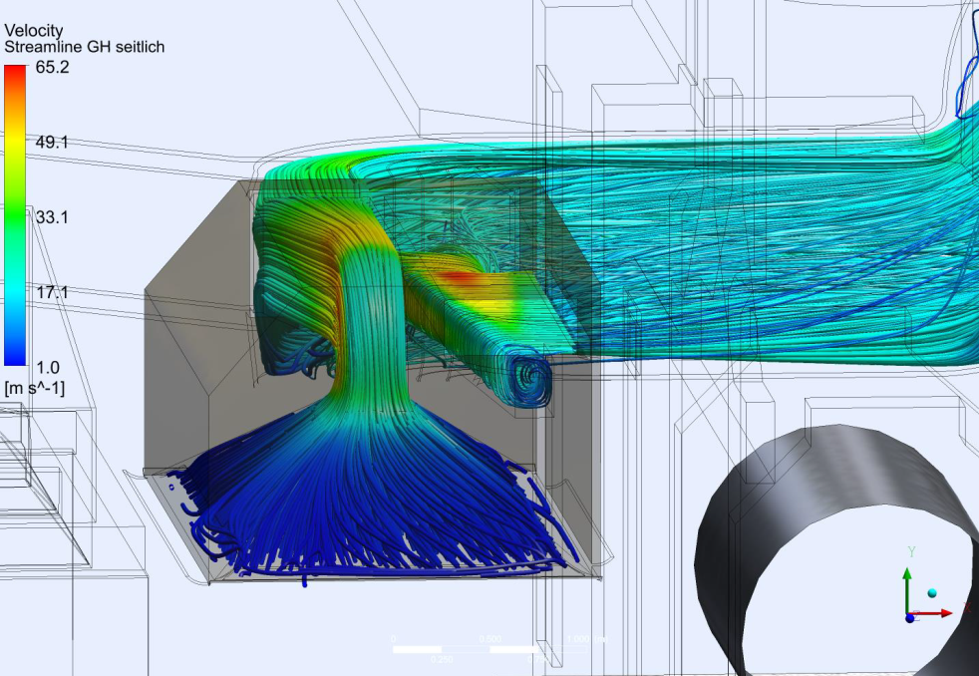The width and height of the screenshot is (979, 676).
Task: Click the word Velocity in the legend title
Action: click(34, 31)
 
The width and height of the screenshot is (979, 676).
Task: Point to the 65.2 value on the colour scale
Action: click(52, 68)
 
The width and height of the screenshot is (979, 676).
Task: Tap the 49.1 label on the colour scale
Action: click(52, 143)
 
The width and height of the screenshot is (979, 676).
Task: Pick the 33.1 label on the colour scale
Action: click(52, 217)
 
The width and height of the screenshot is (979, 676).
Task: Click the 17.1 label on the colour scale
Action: click(52, 292)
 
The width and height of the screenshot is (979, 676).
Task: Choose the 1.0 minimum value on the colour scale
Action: click(48, 367)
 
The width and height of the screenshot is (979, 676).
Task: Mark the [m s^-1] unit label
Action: click(35, 387)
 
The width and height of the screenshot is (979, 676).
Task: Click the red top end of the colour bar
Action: click(15, 72)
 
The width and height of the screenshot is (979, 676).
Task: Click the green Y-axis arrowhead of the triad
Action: click(907, 574)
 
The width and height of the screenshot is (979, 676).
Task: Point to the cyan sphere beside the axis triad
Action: click(932, 593)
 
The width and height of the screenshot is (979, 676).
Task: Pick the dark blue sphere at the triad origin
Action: click(909, 618)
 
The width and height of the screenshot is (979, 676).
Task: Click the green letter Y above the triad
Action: click(911, 550)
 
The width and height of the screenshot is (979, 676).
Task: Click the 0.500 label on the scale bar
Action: click(489, 639)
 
